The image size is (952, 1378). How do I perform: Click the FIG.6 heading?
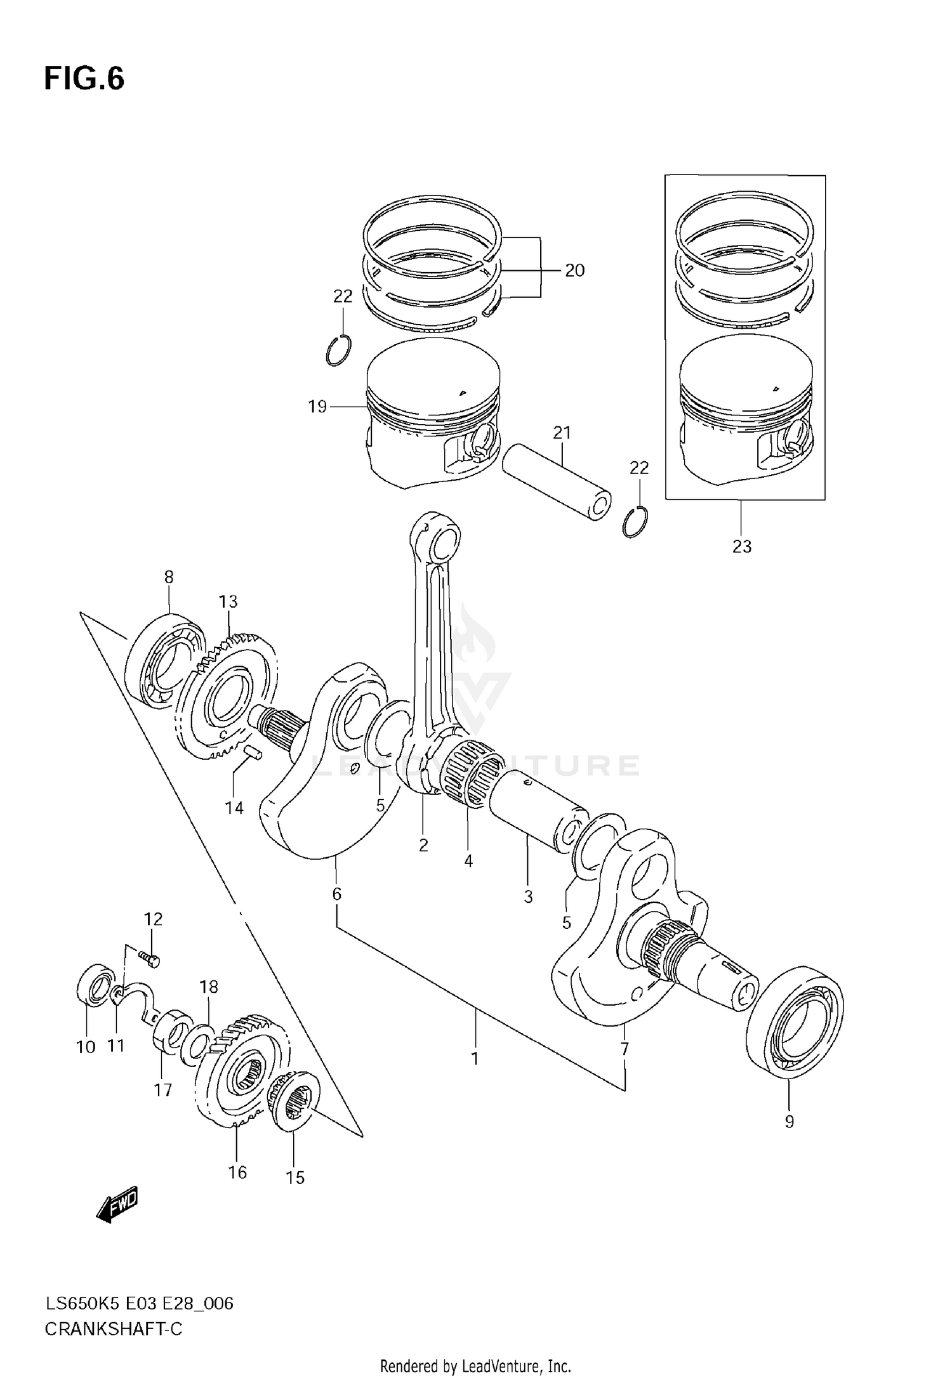pyautogui.click(x=84, y=79)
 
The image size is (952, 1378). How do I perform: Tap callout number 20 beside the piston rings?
pyautogui.click(x=574, y=271)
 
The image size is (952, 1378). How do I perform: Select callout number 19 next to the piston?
pyautogui.click(x=317, y=407)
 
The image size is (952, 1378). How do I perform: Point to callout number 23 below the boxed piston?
pyautogui.click(x=742, y=546)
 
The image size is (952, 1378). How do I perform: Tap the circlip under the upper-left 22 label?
pyautogui.click(x=338, y=351)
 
